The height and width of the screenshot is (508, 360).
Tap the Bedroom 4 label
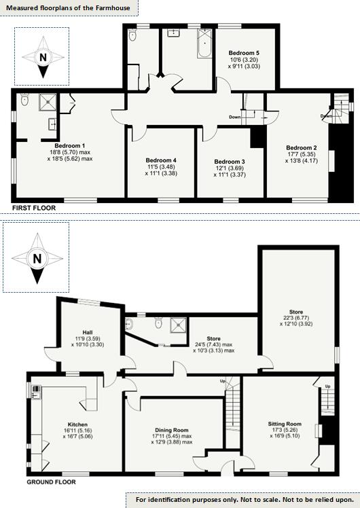pos(161,159)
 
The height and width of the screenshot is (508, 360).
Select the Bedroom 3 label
pos(228,161)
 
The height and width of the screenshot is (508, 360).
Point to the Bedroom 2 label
pos(302,147)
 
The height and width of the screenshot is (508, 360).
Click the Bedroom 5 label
pos(244,52)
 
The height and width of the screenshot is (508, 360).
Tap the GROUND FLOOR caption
pos(51,482)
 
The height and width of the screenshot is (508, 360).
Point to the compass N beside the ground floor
pos(37,258)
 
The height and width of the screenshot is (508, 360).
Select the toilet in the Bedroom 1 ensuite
pos(25,101)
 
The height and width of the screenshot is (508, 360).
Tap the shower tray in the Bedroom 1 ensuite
pos(48,102)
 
